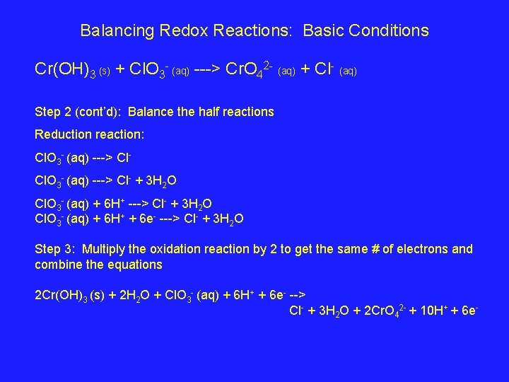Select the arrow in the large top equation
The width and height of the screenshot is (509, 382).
coord(206,69)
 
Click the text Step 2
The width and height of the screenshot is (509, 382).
coord(52,112)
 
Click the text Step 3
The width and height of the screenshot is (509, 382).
coord(52,249)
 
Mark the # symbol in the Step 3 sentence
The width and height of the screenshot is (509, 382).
coord(375,249)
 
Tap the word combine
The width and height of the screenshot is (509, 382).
coord(58,265)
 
